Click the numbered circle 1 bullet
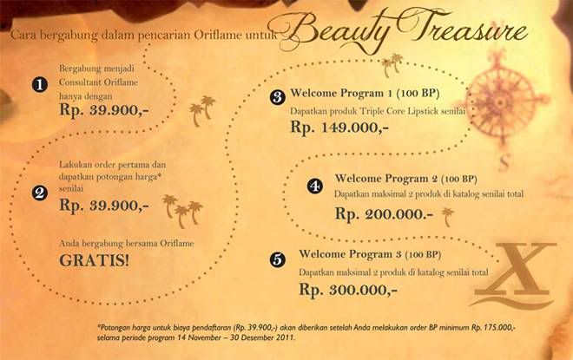pos(38,85)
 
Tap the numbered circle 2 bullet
pos(38,193)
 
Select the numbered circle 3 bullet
pos(278,97)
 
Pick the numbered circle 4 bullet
pos(314,187)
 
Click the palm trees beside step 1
pos(203,111)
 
